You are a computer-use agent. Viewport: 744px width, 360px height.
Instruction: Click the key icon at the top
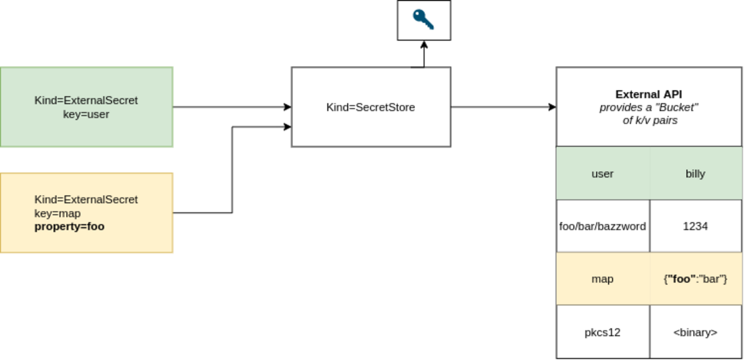[424, 20]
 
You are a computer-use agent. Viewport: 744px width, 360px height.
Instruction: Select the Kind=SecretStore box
[371, 107]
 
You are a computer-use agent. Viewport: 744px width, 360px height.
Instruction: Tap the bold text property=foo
[69, 227]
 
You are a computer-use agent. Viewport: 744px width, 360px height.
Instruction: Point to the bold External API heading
[648, 94]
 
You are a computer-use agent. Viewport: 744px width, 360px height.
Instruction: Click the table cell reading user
[603, 173]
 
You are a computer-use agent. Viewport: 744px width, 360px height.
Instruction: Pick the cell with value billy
[695, 173]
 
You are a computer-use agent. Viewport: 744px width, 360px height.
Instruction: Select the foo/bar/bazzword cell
[603, 226]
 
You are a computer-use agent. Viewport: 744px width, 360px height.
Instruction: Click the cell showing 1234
[695, 226]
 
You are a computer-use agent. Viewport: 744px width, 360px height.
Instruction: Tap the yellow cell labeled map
[603, 279]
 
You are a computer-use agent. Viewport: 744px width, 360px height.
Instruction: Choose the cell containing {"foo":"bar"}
[695, 279]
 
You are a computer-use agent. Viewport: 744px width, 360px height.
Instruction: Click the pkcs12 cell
[603, 332]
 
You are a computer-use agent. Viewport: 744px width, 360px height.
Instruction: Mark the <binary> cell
[695, 332]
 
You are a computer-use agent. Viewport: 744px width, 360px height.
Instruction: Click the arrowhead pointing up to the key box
[424, 45]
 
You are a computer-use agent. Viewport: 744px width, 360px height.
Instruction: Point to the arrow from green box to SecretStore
[229, 107]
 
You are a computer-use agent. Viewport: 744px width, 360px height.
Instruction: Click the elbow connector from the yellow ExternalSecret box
[232, 172]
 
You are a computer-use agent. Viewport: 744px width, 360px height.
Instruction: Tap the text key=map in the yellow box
[57, 213]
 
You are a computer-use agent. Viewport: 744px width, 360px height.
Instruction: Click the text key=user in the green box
[86, 114]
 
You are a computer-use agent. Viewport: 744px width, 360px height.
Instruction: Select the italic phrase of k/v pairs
[650, 121]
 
